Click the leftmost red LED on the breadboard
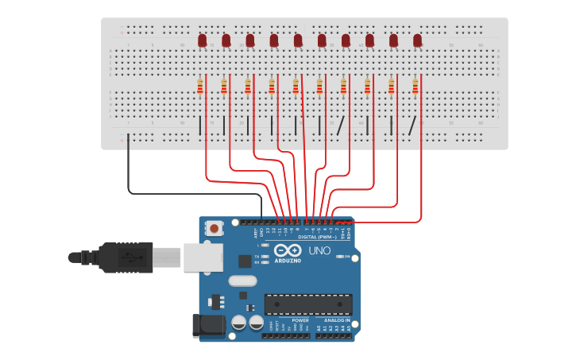pyautogui.click(x=202, y=40)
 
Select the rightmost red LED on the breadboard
pyautogui.click(x=417, y=40)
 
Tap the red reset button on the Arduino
pyautogui.click(x=214, y=228)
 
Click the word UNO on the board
pyautogui.click(x=319, y=252)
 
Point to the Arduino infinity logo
pyautogui.click(x=288, y=250)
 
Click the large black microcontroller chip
pyautogui.click(x=308, y=304)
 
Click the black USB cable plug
pyautogui.click(x=126, y=257)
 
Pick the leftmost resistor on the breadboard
pyautogui.click(x=200, y=86)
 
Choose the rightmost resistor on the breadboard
pyautogui.click(x=415, y=86)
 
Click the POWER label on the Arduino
pyautogui.click(x=278, y=320)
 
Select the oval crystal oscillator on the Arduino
pyautogui.click(x=242, y=281)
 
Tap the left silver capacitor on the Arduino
pyautogui.click(x=238, y=322)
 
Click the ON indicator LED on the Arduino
pyautogui.click(x=340, y=257)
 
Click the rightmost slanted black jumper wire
pyautogui.click(x=412, y=126)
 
